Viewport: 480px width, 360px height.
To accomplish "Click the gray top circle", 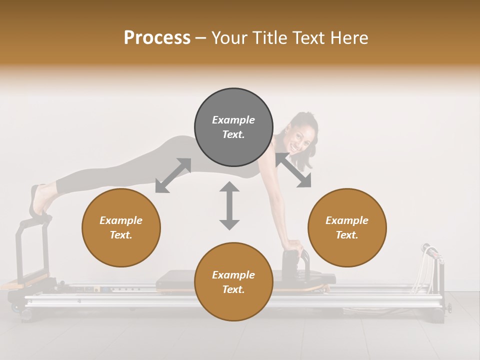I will click(233, 127).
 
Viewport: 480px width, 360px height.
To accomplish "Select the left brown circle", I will click(121, 227).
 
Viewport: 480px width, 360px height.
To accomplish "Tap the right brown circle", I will click(347, 227).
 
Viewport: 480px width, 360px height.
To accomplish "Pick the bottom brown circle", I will click(233, 282).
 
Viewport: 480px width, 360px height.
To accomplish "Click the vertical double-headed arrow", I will click(229, 205).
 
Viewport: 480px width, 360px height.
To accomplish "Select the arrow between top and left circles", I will click(173, 175).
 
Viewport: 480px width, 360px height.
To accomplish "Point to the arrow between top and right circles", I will click(293, 170).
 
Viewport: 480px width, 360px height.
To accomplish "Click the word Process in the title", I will click(157, 37).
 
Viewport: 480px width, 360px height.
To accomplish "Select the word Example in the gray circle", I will click(233, 120).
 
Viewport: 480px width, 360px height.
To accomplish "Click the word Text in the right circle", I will click(346, 235).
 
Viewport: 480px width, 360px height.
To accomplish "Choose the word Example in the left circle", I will click(121, 220).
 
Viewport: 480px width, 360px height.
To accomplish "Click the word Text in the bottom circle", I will click(232, 289).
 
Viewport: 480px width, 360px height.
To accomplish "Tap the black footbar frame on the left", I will click(22, 250).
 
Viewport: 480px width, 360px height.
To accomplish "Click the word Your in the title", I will click(231, 37).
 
